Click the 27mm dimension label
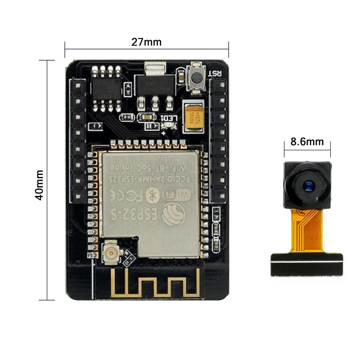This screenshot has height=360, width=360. click(146, 42)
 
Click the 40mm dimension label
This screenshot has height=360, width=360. click(40, 184)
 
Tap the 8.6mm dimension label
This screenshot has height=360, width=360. click(307, 142)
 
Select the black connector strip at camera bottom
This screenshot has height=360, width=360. click(306, 264)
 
